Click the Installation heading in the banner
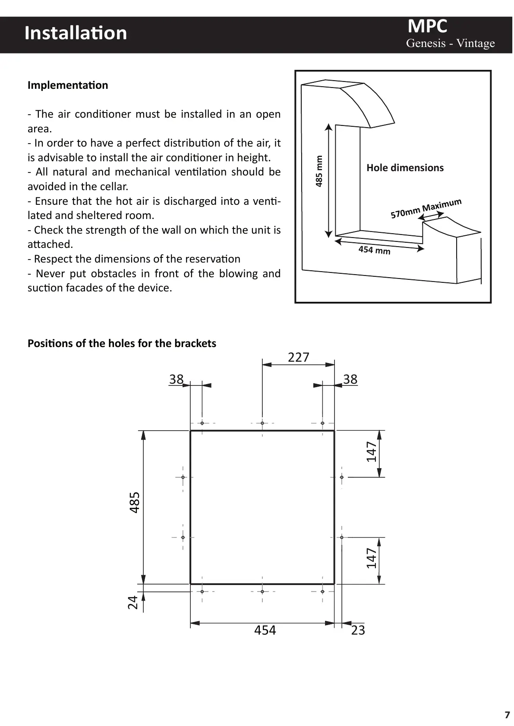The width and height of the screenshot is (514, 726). (76, 33)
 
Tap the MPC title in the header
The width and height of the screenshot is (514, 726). (427, 26)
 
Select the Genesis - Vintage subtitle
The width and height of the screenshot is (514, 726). (450, 43)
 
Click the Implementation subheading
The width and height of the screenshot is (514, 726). (68, 85)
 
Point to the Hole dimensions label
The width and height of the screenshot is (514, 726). (405, 168)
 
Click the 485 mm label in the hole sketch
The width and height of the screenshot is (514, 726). (319, 171)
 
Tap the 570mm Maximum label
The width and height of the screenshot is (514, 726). (426, 208)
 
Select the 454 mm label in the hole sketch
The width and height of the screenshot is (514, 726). (374, 250)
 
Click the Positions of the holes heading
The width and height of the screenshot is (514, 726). (122, 343)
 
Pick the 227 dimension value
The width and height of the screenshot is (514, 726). (298, 357)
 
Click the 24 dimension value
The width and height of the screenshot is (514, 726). (133, 602)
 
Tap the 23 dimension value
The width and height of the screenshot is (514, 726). (358, 630)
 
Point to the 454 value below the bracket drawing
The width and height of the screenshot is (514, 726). (265, 630)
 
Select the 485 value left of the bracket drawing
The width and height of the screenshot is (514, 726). (135, 502)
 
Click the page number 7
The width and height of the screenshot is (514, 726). (507, 714)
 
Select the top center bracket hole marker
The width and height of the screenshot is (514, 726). (262, 423)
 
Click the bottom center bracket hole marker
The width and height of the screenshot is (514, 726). (262, 591)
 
